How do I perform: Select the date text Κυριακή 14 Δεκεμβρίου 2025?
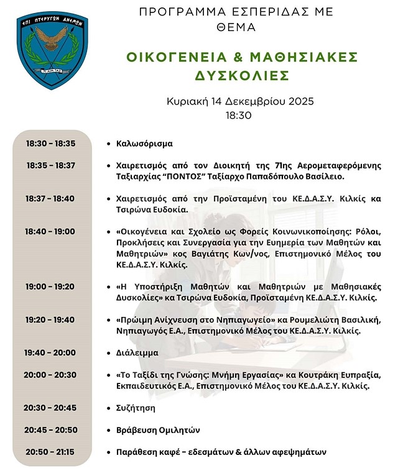pyautogui.click(x=240, y=102)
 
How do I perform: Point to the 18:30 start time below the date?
pyautogui.click(x=240, y=115)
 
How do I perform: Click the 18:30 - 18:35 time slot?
pyautogui.click(x=50, y=144)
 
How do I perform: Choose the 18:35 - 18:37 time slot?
pyautogui.click(x=50, y=165)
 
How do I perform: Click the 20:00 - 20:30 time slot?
pyautogui.click(x=50, y=375)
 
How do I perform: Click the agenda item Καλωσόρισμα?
pyautogui.click(x=144, y=144)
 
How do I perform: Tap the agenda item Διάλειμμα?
pyautogui.click(x=137, y=352)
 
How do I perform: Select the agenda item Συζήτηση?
pyautogui.click(x=136, y=408)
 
